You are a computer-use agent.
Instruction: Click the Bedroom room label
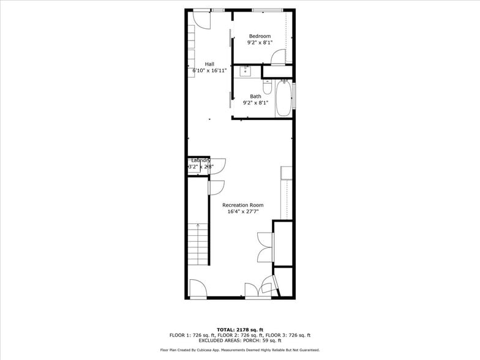[x=260, y=36]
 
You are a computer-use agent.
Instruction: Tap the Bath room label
[x=255, y=96]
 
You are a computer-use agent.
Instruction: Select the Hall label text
[x=209, y=64]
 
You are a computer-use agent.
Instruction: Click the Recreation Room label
[x=242, y=204]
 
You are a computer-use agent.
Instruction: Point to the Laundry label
[x=200, y=160]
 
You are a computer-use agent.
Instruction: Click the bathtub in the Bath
[x=283, y=100]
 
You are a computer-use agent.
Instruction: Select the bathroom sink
[x=246, y=70]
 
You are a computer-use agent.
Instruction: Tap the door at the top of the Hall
[x=200, y=18]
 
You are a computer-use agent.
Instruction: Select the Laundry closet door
[x=218, y=165]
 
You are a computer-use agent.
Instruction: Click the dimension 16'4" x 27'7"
[x=242, y=212]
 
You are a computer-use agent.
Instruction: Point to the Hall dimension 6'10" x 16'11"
[x=209, y=70]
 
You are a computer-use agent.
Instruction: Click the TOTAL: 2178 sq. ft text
[x=240, y=330]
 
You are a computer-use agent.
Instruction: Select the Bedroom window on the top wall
[x=267, y=10]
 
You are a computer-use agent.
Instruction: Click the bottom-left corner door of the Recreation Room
[x=198, y=288]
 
